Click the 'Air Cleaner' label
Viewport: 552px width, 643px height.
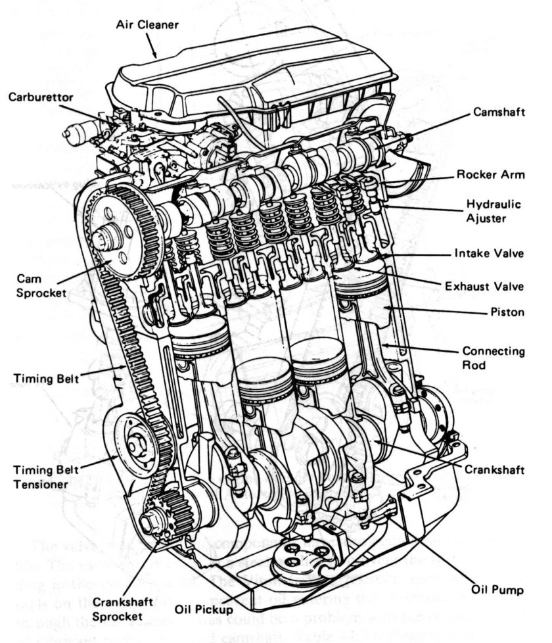(x=147, y=25)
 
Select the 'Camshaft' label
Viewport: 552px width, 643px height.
(x=499, y=112)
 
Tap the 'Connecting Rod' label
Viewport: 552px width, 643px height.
(x=493, y=358)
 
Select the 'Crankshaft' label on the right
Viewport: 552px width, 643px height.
(x=494, y=469)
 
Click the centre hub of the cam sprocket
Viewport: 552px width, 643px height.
(x=105, y=237)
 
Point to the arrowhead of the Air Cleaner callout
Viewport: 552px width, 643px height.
(x=156, y=56)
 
